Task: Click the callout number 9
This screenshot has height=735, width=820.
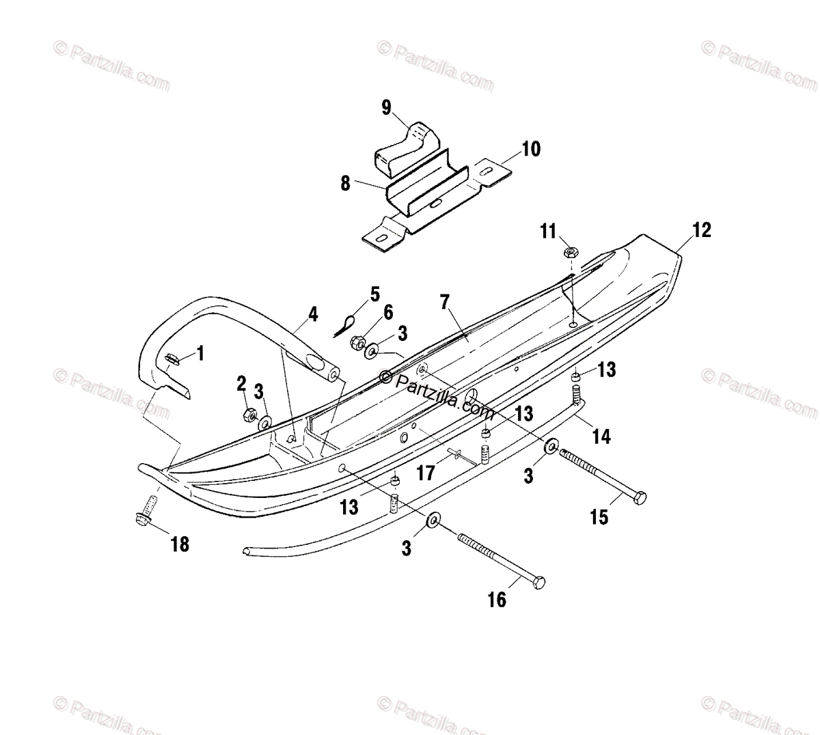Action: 386,107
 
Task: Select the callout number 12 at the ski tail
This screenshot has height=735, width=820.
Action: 701,230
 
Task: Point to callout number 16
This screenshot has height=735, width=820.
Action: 497,599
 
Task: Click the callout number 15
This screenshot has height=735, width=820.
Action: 599,517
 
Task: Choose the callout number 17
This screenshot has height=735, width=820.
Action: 426,471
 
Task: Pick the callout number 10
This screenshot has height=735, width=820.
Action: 530,148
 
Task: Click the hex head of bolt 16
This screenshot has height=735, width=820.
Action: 538,583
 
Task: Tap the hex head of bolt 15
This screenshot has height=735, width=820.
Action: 640,498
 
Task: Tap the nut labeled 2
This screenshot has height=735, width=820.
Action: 250,414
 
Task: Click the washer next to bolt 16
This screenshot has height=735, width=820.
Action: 433,522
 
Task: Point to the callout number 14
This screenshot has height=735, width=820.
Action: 601,435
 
